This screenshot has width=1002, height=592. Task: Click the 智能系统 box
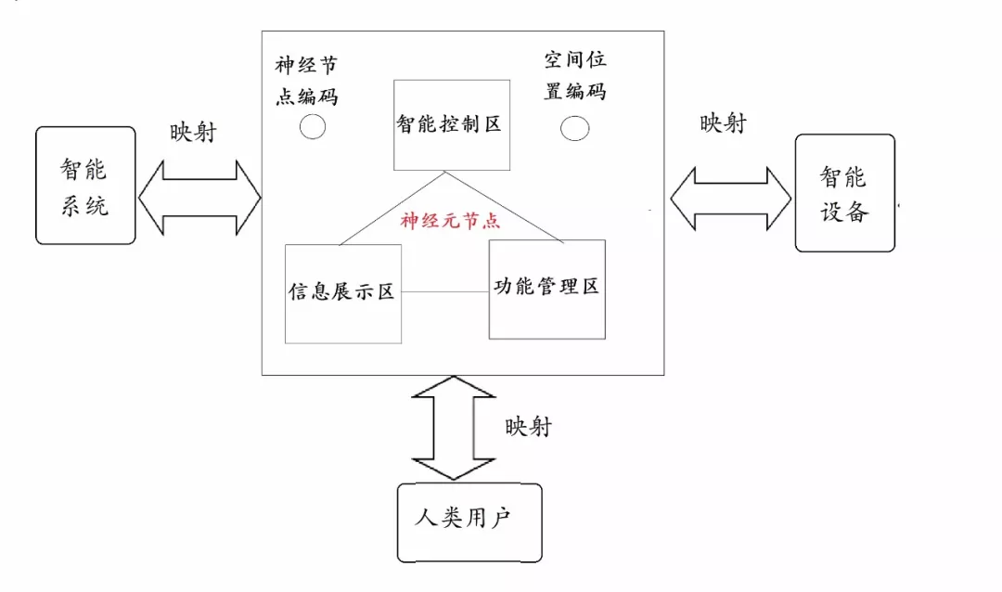coord(85,186)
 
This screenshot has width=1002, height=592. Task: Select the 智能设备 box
coord(845,193)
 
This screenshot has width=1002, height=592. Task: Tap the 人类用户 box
coord(469,521)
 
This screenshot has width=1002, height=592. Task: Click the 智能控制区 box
coord(451,124)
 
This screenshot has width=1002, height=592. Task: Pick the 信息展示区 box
coord(342,293)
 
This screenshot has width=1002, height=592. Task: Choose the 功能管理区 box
coord(546,289)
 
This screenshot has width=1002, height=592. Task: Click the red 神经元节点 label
coord(450,221)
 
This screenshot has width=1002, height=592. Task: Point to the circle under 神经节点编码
coord(313,127)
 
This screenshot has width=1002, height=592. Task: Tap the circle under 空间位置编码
coord(575,128)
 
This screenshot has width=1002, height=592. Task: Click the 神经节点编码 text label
coord(306,81)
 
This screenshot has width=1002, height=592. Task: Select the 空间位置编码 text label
coord(575,76)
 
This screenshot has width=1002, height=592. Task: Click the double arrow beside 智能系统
coord(199,196)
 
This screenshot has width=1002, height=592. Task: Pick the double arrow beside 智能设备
coord(730,198)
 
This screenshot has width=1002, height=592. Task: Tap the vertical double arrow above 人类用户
coord(452,427)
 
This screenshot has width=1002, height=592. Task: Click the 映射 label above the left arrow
coord(192,132)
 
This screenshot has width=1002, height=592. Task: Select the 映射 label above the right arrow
coord(723,122)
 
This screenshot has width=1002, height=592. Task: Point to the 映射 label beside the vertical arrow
coord(528,426)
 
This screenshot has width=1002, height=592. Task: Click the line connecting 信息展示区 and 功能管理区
coord(444,292)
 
